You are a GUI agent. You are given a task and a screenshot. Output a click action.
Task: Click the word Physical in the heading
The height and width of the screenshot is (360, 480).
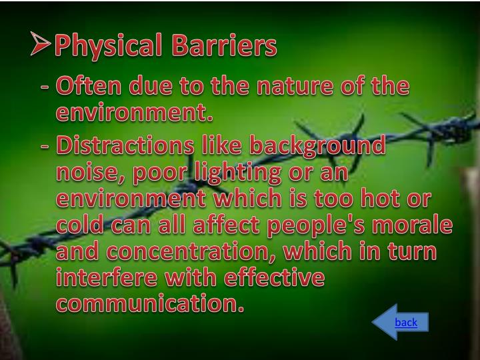108,46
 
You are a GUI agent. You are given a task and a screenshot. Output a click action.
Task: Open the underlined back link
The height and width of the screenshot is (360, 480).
405,323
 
